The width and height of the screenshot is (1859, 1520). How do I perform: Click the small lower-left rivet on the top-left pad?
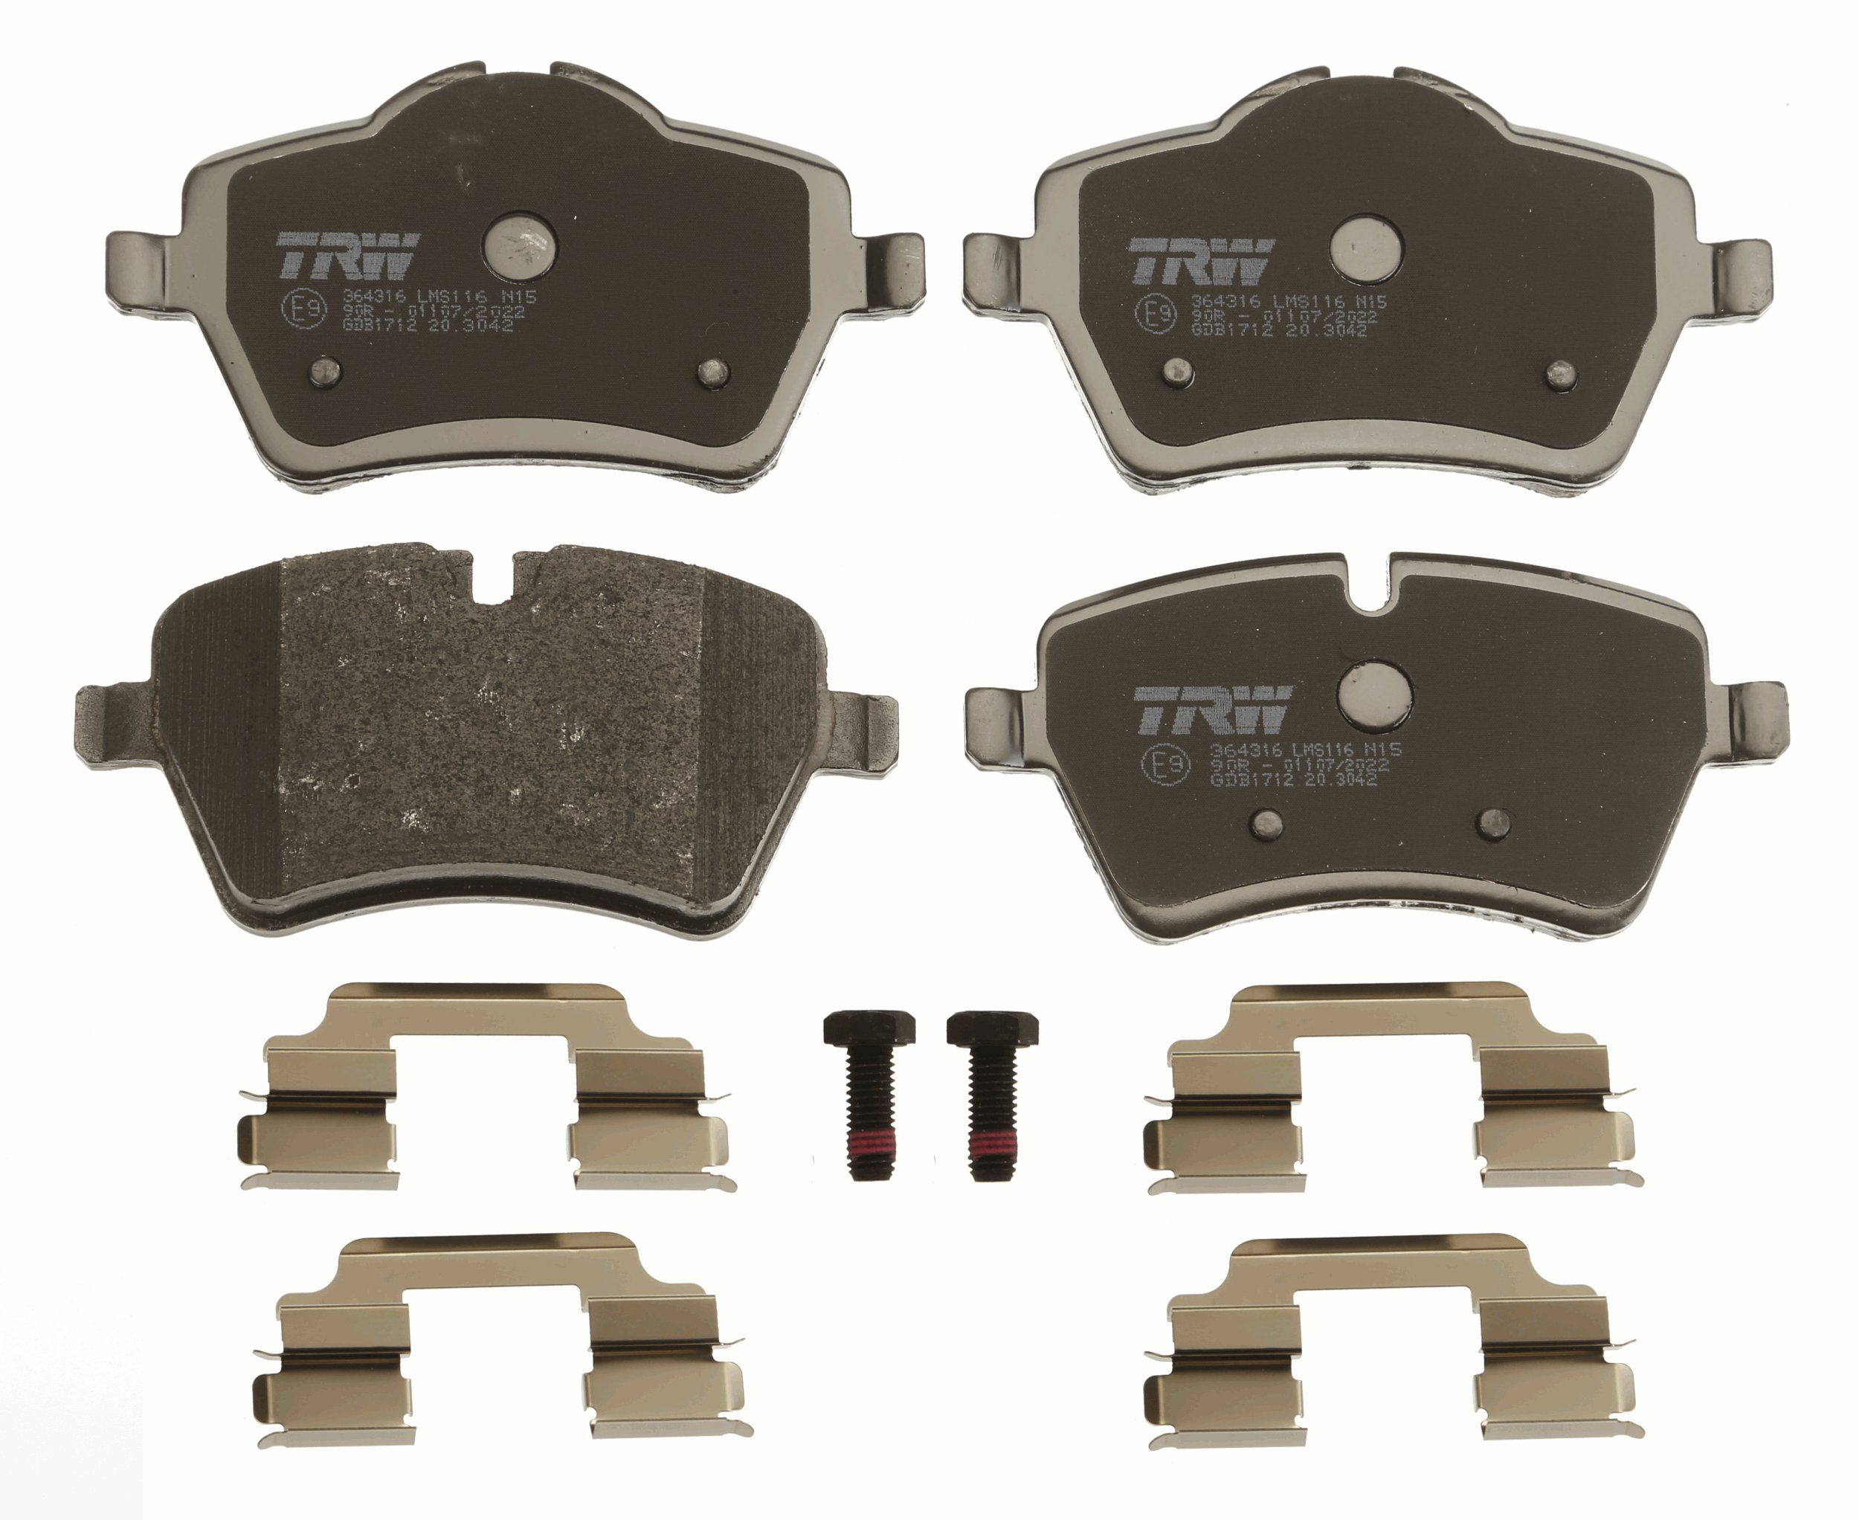click(326, 374)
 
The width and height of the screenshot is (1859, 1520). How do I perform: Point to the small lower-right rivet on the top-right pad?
click(1562, 375)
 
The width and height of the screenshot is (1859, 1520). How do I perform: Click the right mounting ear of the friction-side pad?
click(863, 727)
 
